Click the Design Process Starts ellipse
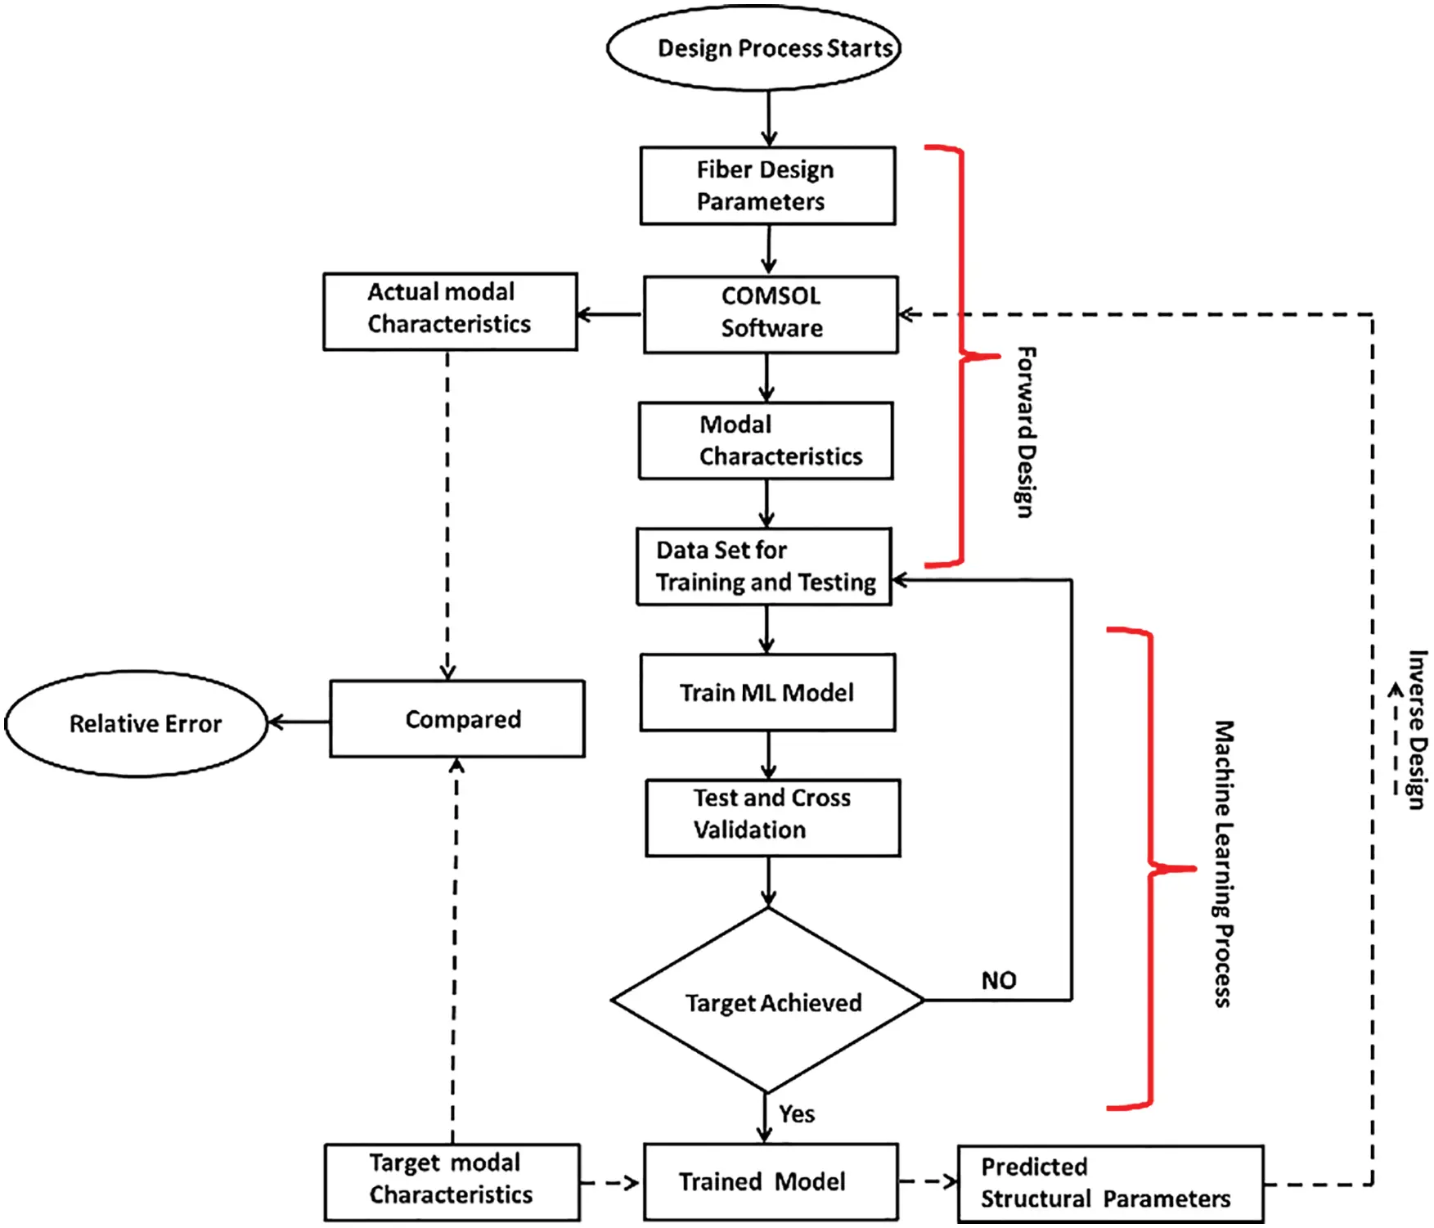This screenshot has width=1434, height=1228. [x=753, y=48]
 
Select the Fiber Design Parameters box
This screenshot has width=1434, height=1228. [x=767, y=186]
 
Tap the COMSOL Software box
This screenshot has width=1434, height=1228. [x=771, y=314]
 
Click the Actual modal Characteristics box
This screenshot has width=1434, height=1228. [x=450, y=312]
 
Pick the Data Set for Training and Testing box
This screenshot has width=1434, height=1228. [x=764, y=566]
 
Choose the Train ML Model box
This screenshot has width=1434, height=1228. [x=767, y=692]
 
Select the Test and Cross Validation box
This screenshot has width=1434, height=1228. [x=772, y=817]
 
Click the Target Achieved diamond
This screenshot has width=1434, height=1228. [x=767, y=1001]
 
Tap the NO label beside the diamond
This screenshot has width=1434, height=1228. [x=999, y=980]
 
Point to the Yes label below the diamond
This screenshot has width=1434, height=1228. [x=796, y=1114]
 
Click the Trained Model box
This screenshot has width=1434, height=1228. [x=770, y=1181]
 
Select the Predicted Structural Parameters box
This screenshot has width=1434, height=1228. [x=1110, y=1183]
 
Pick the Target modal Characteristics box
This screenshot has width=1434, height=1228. [x=452, y=1181]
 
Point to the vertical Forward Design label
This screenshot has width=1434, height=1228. [x=1026, y=431]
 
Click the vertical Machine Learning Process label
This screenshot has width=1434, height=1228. [x=1223, y=864]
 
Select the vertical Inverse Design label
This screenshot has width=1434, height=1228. [x=1417, y=729]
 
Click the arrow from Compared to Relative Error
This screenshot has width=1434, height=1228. [x=299, y=722]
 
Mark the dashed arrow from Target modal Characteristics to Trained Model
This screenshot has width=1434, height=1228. [x=609, y=1182]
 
